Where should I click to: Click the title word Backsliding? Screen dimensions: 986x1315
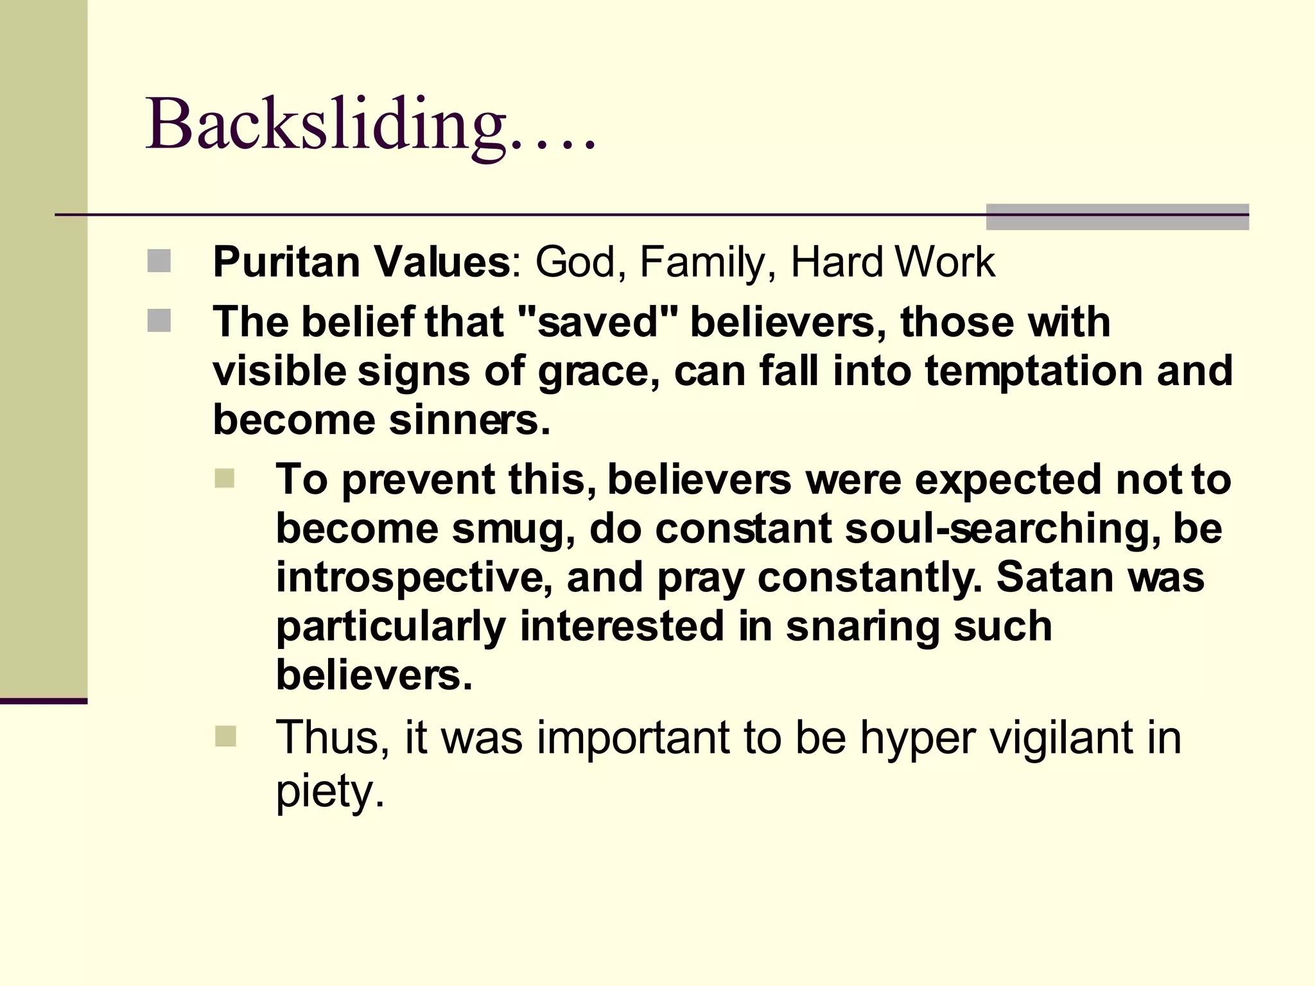coord(327,125)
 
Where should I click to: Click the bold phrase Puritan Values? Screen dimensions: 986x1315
coord(361,262)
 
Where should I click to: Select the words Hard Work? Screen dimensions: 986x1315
coord(893,262)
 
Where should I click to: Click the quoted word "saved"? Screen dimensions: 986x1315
coord(597,322)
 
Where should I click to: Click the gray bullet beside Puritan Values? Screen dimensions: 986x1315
coord(159,261)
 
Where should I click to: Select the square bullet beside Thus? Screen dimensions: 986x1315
coord(225,736)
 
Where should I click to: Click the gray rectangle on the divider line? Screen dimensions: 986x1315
coord(1117,217)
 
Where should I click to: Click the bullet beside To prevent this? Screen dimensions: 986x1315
coord(225,478)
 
